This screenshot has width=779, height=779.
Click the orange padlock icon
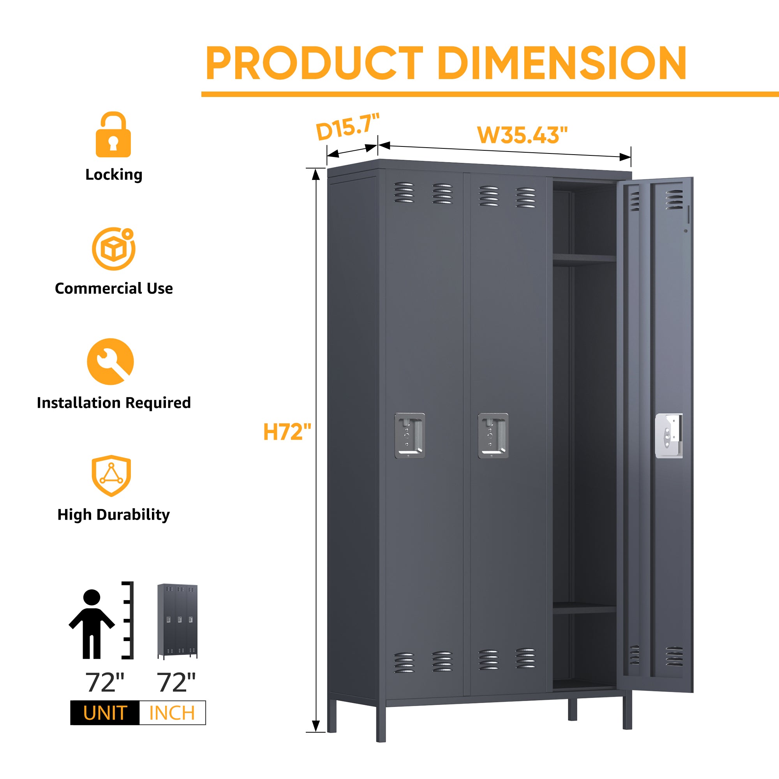click(x=113, y=134)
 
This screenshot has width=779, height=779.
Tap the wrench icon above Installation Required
click(x=111, y=361)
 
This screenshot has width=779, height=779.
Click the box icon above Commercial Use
click(x=114, y=249)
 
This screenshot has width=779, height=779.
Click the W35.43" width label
click(x=522, y=135)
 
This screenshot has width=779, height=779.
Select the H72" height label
click(x=287, y=432)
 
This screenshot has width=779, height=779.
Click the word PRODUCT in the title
click(x=314, y=63)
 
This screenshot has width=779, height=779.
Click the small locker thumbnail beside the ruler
click(x=177, y=621)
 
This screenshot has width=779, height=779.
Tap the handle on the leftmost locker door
click(x=410, y=435)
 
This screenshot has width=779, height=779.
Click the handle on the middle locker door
click(x=493, y=436)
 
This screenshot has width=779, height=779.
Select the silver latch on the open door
click(x=669, y=436)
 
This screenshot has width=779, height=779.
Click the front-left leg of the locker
click(x=381, y=724)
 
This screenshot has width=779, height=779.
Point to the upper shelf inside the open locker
click(x=584, y=259)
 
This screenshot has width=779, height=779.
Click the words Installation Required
click(x=114, y=403)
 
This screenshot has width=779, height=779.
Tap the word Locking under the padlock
click(x=114, y=175)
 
